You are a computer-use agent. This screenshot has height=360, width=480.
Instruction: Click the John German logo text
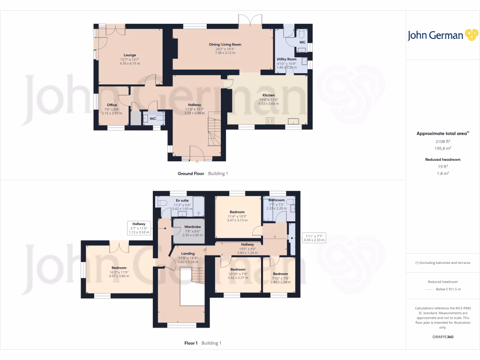coord(435,36)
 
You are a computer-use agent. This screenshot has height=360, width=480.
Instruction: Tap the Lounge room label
coord(130,55)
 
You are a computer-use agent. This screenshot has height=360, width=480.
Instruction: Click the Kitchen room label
coord(268,95)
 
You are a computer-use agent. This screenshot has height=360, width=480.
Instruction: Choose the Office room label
coord(112,105)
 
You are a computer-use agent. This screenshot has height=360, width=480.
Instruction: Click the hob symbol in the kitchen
coord(270,120)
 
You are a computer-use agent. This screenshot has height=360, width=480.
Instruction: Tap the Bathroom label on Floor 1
coord(277,200)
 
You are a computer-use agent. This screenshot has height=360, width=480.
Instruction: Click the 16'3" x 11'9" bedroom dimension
coord(106,272)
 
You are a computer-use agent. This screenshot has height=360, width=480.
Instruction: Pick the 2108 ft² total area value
coord(443,141)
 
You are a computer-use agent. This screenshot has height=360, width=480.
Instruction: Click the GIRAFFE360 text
coord(443,337)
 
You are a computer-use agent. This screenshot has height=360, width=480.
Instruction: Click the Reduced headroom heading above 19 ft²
coord(443,159)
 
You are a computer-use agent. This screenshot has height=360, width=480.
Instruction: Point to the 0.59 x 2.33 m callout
coord(314,240)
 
